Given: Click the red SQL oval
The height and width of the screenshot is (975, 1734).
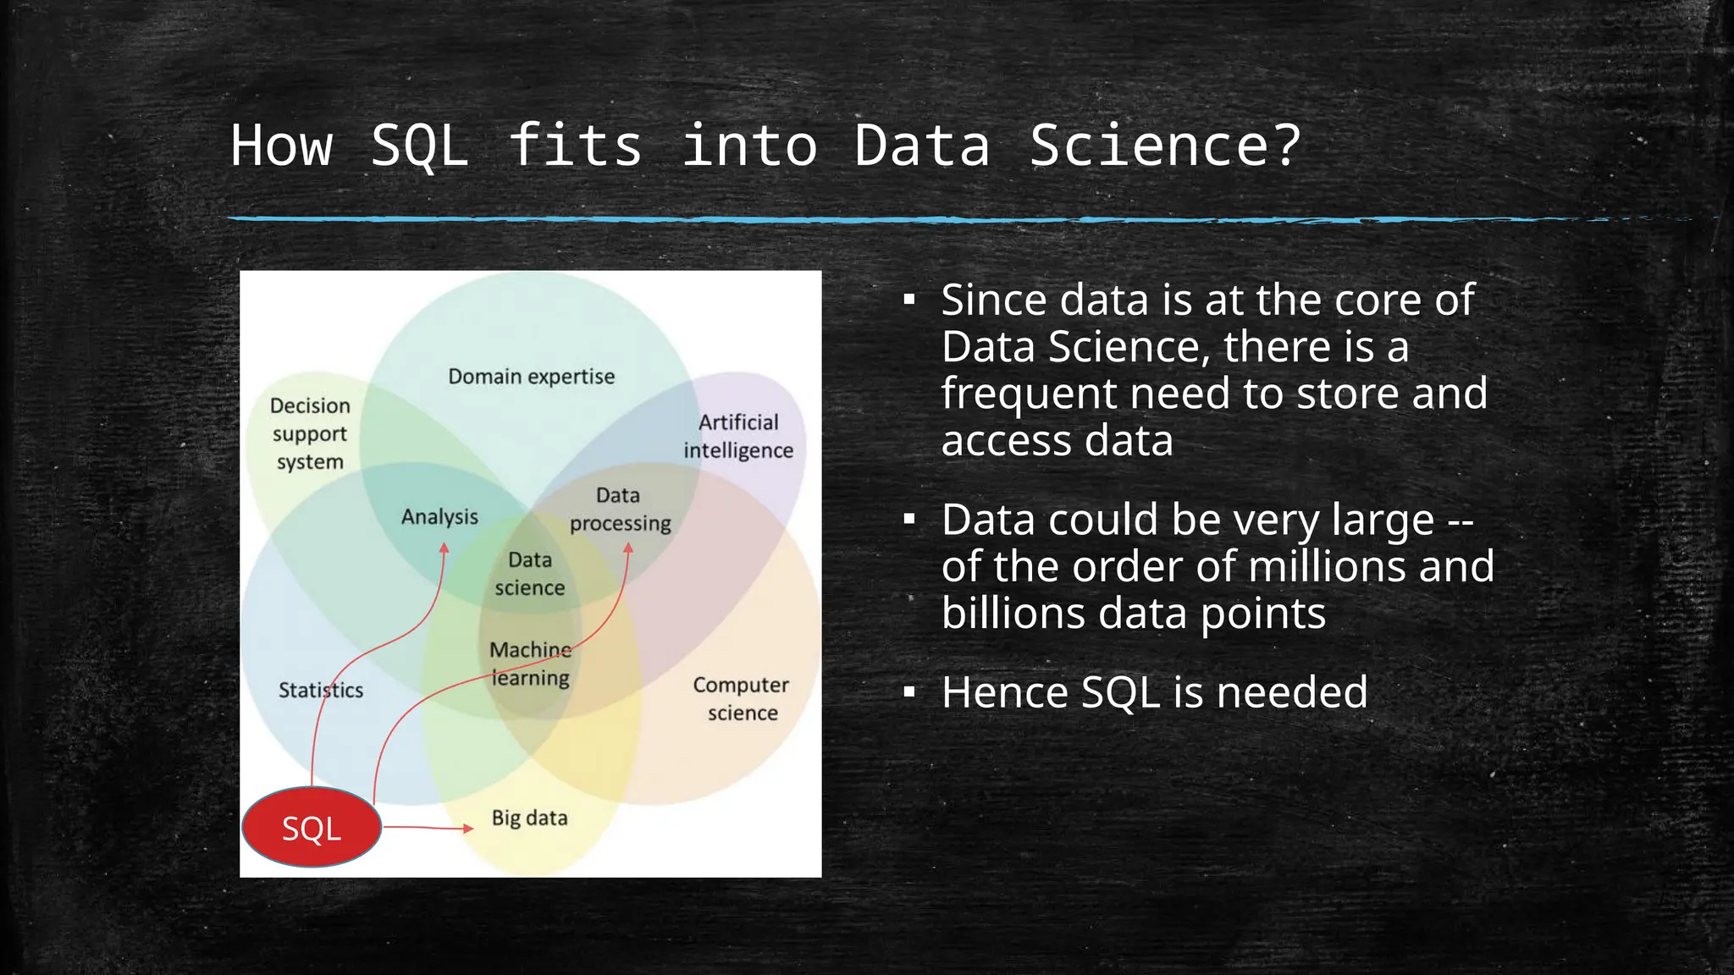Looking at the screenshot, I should pyautogui.click(x=312, y=827).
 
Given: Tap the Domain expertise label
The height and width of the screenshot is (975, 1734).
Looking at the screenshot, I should pyautogui.click(x=531, y=377).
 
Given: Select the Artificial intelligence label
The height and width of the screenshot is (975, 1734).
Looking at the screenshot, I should pyautogui.click(x=738, y=436).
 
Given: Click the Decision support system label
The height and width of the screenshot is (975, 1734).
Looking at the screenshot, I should pyautogui.click(x=310, y=433).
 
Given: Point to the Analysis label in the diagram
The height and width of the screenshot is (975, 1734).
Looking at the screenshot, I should pyautogui.click(x=439, y=516).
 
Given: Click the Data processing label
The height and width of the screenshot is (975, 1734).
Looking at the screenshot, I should pyautogui.click(x=620, y=510).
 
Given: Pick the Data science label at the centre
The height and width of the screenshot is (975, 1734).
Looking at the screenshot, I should pyautogui.click(x=530, y=574).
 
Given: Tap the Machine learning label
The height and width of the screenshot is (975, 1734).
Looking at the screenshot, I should pyautogui.click(x=531, y=664).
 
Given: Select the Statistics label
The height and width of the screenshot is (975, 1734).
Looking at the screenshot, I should pyautogui.click(x=321, y=690).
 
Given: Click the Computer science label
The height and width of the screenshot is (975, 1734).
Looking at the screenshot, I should pyautogui.click(x=741, y=698).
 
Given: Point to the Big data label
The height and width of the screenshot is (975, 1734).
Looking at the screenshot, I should pyautogui.click(x=529, y=818).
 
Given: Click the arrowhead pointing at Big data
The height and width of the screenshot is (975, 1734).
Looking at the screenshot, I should pyautogui.click(x=468, y=828).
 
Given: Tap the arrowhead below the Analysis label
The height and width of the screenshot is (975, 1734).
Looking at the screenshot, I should pyautogui.click(x=445, y=548).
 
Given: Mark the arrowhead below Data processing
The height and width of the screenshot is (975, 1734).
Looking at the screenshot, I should pyautogui.click(x=628, y=548).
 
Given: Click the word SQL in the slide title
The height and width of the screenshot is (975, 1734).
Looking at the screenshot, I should pyautogui.click(x=420, y=146).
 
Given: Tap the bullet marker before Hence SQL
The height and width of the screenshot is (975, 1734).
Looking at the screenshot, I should pyautogui.click(x=909, y=693).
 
